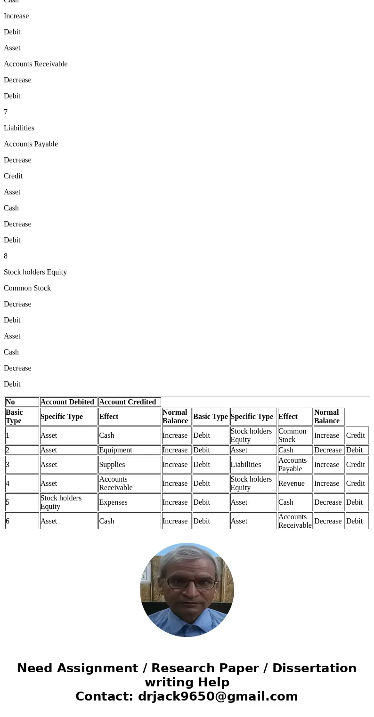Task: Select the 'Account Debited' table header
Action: [x=68, y=402]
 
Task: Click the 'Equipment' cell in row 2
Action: [x=115, y=450]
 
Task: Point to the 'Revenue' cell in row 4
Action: [x=291, y=483]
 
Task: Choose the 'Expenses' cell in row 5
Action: [x=113, y=502]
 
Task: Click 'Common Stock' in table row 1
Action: [x=293, y=435]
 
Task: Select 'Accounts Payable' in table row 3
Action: [x=293, y=465]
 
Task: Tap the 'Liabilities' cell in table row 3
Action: [x=246, y=465]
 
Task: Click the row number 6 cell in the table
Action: [x=8, y=521]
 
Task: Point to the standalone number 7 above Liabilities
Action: [x=6, y=112]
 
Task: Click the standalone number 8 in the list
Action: [x=6, y=256]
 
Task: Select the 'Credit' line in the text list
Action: [x=13, y=176]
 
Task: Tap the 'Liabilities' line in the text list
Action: [x=19, y=128]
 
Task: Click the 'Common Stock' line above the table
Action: [x=27, y=288]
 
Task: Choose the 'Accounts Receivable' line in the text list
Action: [x=36, y=64]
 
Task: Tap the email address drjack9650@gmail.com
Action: [x=218, y=696]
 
